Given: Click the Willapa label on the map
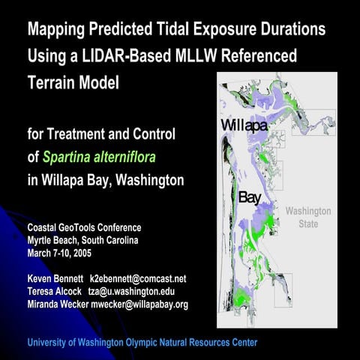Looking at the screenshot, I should point(244,125).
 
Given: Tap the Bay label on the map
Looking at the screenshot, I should point(249,198).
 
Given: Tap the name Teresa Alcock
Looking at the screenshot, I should point(55,291).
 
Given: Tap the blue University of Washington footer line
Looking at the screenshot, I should point(142,343).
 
